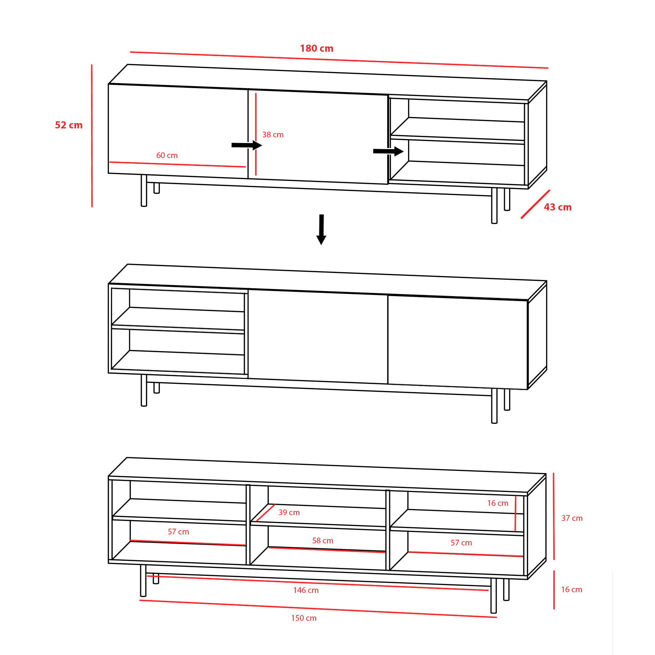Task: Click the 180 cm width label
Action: (316, 48)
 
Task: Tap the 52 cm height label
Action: (68, 125)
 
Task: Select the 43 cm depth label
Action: (558, 207)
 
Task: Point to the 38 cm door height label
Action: (273, 134)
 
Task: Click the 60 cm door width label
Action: (167, 155)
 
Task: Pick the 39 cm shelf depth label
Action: (289, 512)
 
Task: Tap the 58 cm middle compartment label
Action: (323, 540)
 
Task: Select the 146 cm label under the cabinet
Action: (306, 590)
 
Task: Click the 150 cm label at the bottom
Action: (304, 618)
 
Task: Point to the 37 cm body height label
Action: (572, 518)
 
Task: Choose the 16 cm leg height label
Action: (572, 589)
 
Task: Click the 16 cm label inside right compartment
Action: (498, 503)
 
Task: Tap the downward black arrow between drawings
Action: (321, 229)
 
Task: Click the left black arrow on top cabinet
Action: (247, 145)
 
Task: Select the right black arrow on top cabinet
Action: (389, 151)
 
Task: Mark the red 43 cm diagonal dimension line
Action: (535, 204)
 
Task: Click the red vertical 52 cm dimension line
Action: (92, 136)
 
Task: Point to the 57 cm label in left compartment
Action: (178, 532)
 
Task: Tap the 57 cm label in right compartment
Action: (461, 543)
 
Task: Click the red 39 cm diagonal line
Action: (265, 513)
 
